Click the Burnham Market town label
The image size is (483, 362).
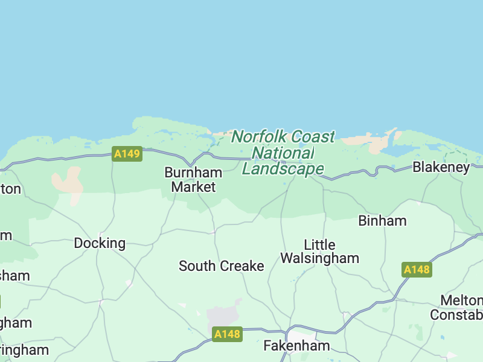coord(193,180)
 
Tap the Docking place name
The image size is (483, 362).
coord(100,243)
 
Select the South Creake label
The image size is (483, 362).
coord(222,266)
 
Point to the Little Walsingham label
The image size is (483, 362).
coord(319,252)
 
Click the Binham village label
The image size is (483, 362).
coord(382,221)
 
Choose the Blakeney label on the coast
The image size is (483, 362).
coord(441,167)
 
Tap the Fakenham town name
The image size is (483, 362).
coord(296,346)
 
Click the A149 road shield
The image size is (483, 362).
coord(127,154)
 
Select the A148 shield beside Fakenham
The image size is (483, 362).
coord(227,334)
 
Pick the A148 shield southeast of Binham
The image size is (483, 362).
coord(417,270)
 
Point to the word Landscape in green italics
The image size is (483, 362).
coord(283,169)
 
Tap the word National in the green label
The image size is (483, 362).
coord(283,153)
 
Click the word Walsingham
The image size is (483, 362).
coord(319,258)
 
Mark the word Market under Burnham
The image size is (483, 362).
coord(193,187)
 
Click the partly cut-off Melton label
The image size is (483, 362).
coord(462,300)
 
